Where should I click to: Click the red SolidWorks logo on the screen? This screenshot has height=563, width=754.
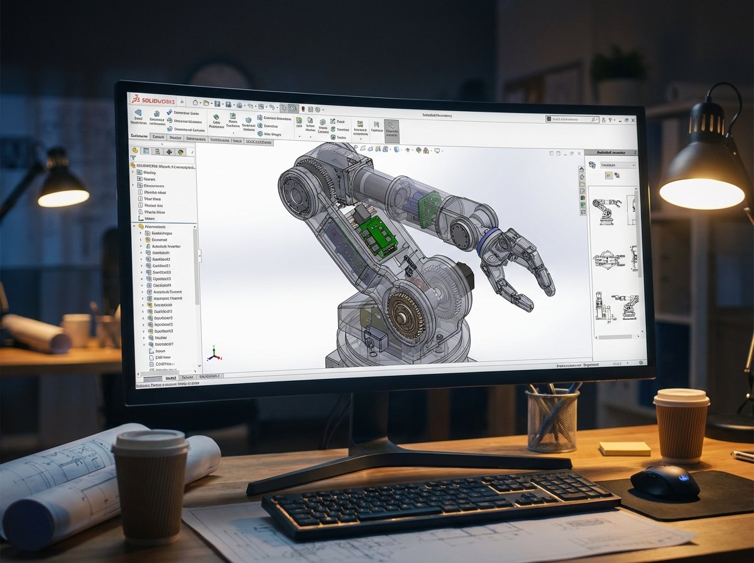(x=151, y=101)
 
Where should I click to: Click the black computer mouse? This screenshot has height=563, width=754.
(x=664, y=481)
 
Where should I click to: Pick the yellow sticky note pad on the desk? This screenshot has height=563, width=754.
(x=624, y=448)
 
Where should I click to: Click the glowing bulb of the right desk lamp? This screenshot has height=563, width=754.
(x=702, y=194)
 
